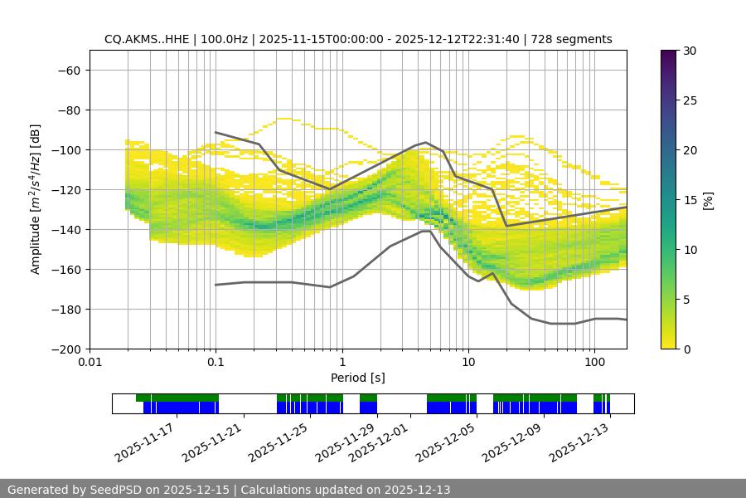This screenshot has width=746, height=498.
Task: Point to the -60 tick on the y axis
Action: point(68,70)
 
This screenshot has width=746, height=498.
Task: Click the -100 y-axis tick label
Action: point(65,149)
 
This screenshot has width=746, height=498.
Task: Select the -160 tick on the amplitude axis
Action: point(65,269)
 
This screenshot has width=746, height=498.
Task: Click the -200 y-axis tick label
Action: point(65,349)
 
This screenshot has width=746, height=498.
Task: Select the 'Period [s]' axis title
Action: point(357,378)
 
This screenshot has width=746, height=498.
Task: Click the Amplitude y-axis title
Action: point(36,199)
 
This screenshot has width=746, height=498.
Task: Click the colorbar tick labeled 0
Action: point(689,349)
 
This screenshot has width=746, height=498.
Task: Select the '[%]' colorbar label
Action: point(708,200)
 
